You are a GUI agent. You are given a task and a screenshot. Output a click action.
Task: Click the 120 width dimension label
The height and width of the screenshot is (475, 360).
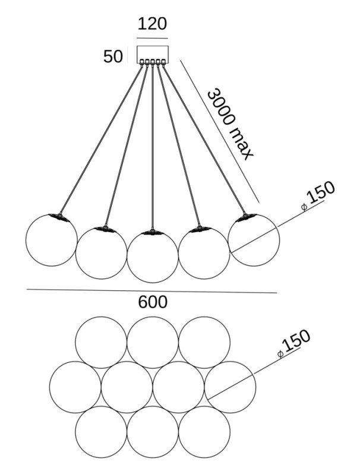pyautogui.click(x=152, y=24)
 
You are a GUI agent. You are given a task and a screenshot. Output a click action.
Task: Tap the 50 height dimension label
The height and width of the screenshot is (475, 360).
pyautogui.click(x=113, y=57)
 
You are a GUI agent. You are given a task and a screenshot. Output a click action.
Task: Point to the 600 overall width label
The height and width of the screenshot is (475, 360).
pyautogui.click(x=153, y=302)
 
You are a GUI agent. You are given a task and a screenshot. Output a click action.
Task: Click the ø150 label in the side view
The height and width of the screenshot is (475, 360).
pyautogui.click(x=318, y=194)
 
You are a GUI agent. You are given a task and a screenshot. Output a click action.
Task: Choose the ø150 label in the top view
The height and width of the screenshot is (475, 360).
pyautogui.click(x=295, y=344)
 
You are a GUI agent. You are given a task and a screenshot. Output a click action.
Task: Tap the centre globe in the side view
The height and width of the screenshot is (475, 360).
pyautogui.click(x=153, y=256)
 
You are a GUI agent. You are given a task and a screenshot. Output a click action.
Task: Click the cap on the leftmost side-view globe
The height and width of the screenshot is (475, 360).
pyautogui.click(x=59, y=216)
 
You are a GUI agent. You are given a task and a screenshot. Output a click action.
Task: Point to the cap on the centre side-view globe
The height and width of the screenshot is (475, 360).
pyautogui.click(x=153, y=232)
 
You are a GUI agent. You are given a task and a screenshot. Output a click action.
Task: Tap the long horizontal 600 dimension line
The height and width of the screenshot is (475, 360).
pyautogui.click(x=89, y=290)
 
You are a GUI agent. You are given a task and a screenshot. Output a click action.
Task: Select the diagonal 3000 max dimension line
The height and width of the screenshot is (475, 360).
pyautogui.click(x=220, y=131)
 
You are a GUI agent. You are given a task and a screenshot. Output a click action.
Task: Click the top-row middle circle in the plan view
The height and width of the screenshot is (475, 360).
pyautogui.click(x=153, y=342)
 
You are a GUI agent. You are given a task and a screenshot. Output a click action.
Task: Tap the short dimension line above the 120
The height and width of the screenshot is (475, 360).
pyautogui.click(x=152, y=37)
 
